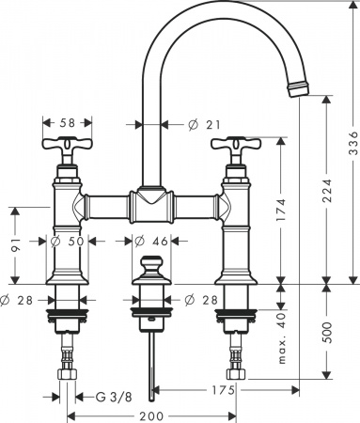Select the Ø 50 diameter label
[x=67, y=242]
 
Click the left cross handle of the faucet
[x=67, y=149]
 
